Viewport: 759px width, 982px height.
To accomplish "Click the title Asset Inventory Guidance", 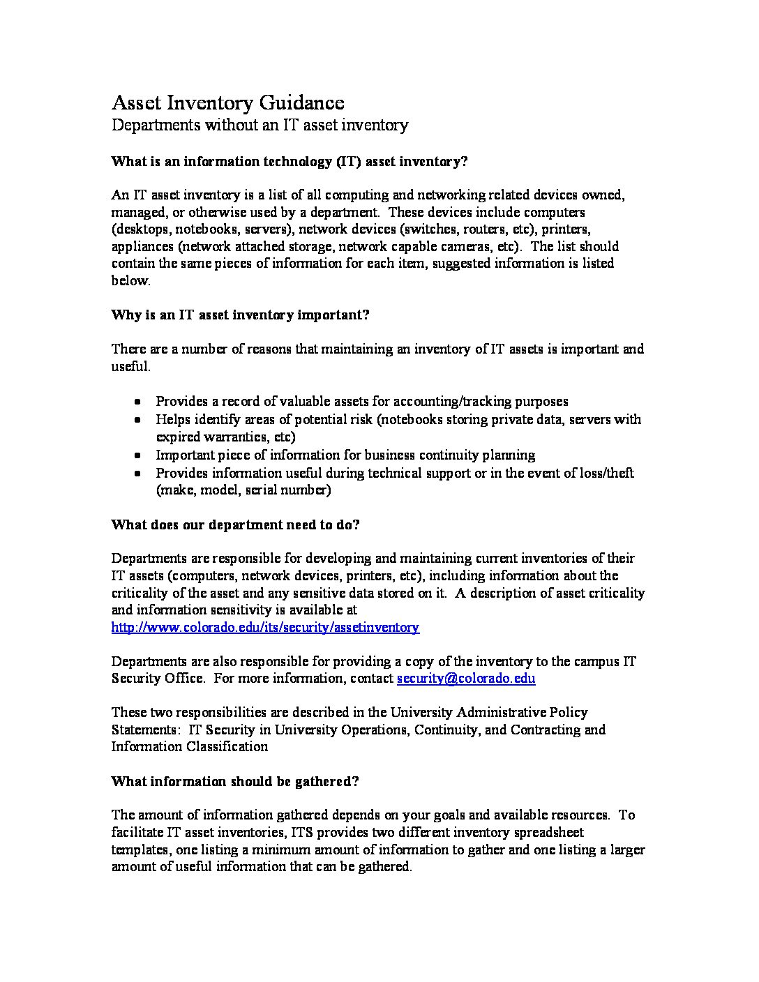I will pos(227,103).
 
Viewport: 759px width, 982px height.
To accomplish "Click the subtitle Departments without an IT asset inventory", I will pos(260,125).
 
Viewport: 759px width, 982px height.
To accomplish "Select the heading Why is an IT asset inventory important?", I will pos(240,315).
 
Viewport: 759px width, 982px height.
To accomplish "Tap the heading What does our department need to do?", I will pos(235,524).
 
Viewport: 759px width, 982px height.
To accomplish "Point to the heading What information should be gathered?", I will pos(235,781).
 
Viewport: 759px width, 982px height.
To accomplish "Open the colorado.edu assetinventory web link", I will pos(265,627).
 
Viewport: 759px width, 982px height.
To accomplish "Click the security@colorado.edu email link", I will pos(466,679).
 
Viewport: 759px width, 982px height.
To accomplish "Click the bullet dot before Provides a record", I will pos(139,402).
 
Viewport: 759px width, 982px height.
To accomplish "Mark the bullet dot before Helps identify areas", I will pos(139,420).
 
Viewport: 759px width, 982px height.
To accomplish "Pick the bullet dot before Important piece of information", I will pos(139,455).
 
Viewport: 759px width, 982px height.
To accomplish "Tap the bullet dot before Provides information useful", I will pos(139,474).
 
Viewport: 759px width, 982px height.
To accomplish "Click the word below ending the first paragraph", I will pos(130,281).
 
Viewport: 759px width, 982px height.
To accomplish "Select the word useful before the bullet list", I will pos(130,366).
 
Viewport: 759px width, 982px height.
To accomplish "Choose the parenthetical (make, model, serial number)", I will pos(243,490).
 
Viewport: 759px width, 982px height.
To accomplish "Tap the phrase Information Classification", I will pos(190,747).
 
